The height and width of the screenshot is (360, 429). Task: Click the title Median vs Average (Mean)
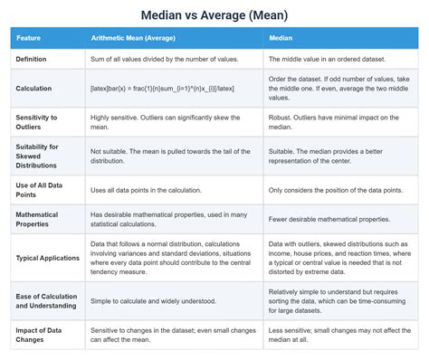[214, 14]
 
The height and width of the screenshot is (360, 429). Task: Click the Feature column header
[30, 39]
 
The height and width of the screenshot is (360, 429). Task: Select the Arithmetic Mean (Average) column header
[133, 39]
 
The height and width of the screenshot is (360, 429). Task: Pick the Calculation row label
[35, 89]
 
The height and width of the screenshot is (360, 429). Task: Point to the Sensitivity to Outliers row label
[37, 123]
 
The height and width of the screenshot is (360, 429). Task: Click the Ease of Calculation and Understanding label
[43, 299]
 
